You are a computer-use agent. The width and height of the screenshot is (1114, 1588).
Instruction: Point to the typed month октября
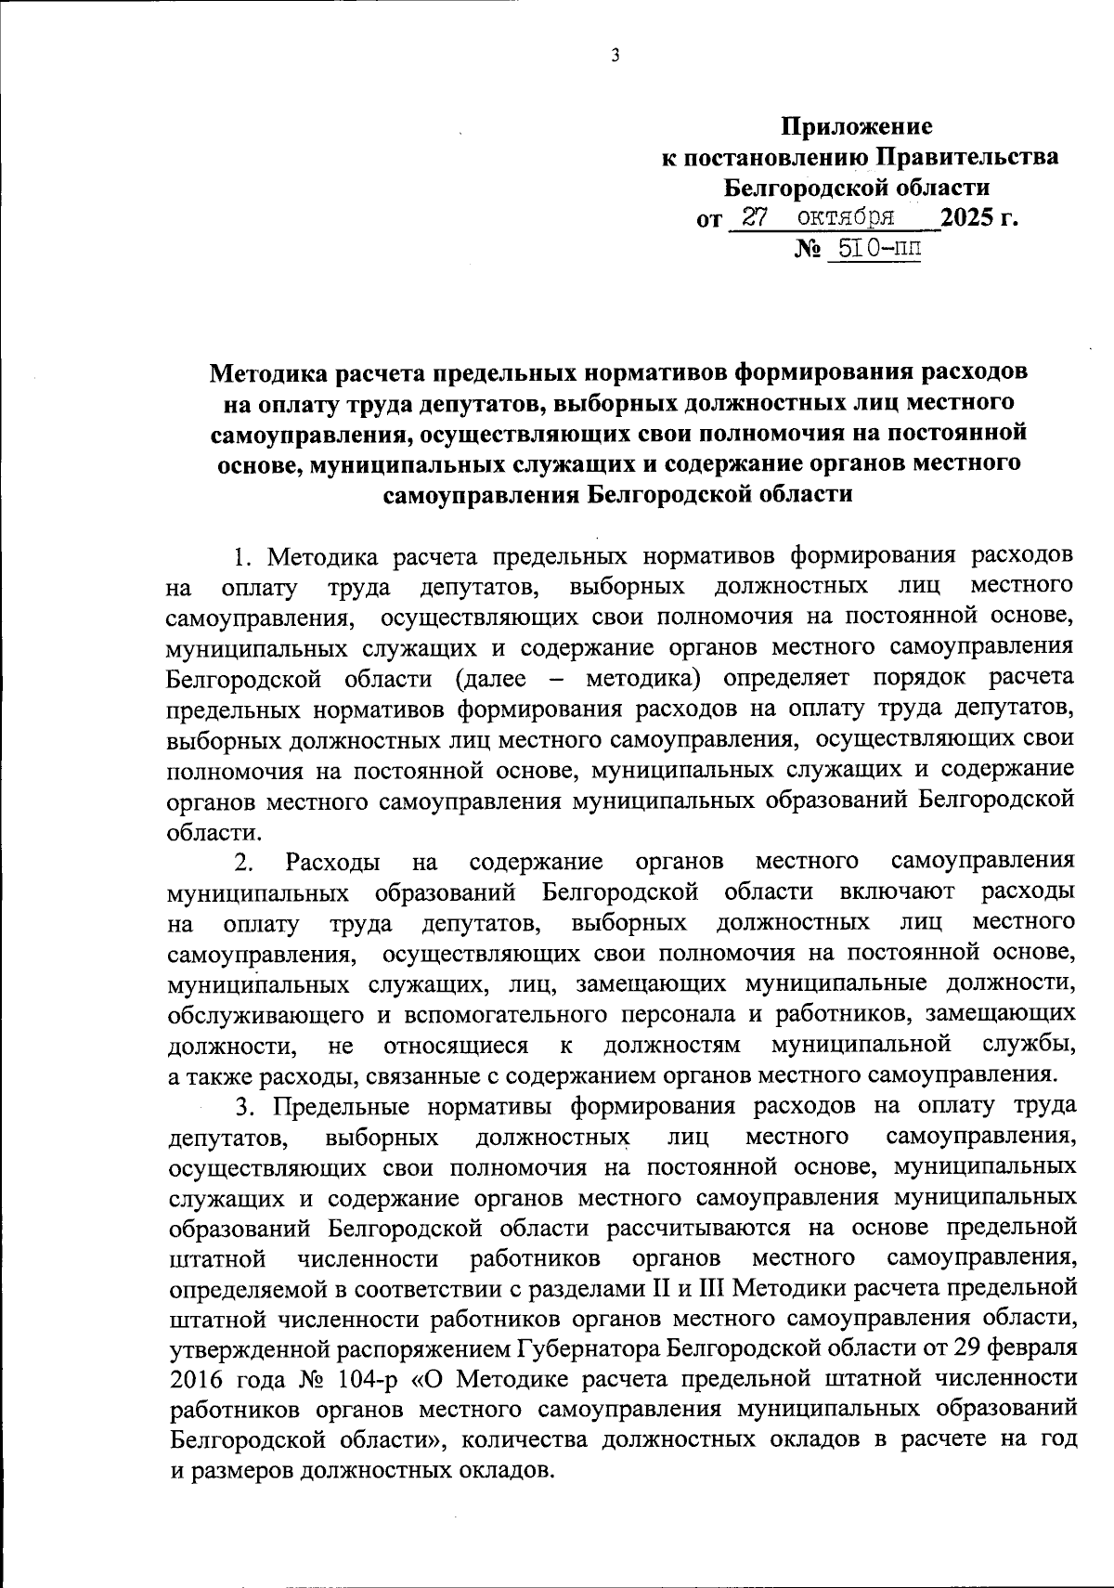(x=847, y=218)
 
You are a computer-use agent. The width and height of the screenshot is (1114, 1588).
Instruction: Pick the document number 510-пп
(x=874, y=249)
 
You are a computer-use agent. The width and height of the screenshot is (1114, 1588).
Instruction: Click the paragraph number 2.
(x=243, y=862)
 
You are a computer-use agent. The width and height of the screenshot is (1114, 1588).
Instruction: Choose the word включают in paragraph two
(x=897, y=892)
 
